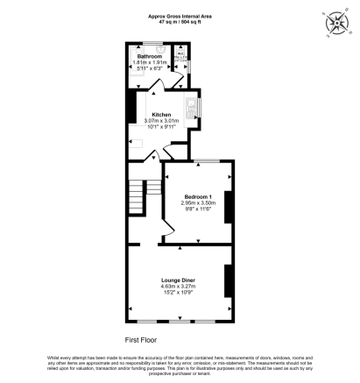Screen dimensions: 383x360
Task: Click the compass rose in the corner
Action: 335,25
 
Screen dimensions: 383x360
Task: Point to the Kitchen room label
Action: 161,114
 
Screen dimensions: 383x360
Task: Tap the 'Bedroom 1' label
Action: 198,196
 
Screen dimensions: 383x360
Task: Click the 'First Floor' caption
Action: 141,337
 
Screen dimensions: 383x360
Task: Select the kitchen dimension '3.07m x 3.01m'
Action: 161,120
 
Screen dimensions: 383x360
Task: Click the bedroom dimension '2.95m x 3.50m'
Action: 198,202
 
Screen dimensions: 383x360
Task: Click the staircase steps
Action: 144,193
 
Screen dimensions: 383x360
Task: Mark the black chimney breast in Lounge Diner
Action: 228,282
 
